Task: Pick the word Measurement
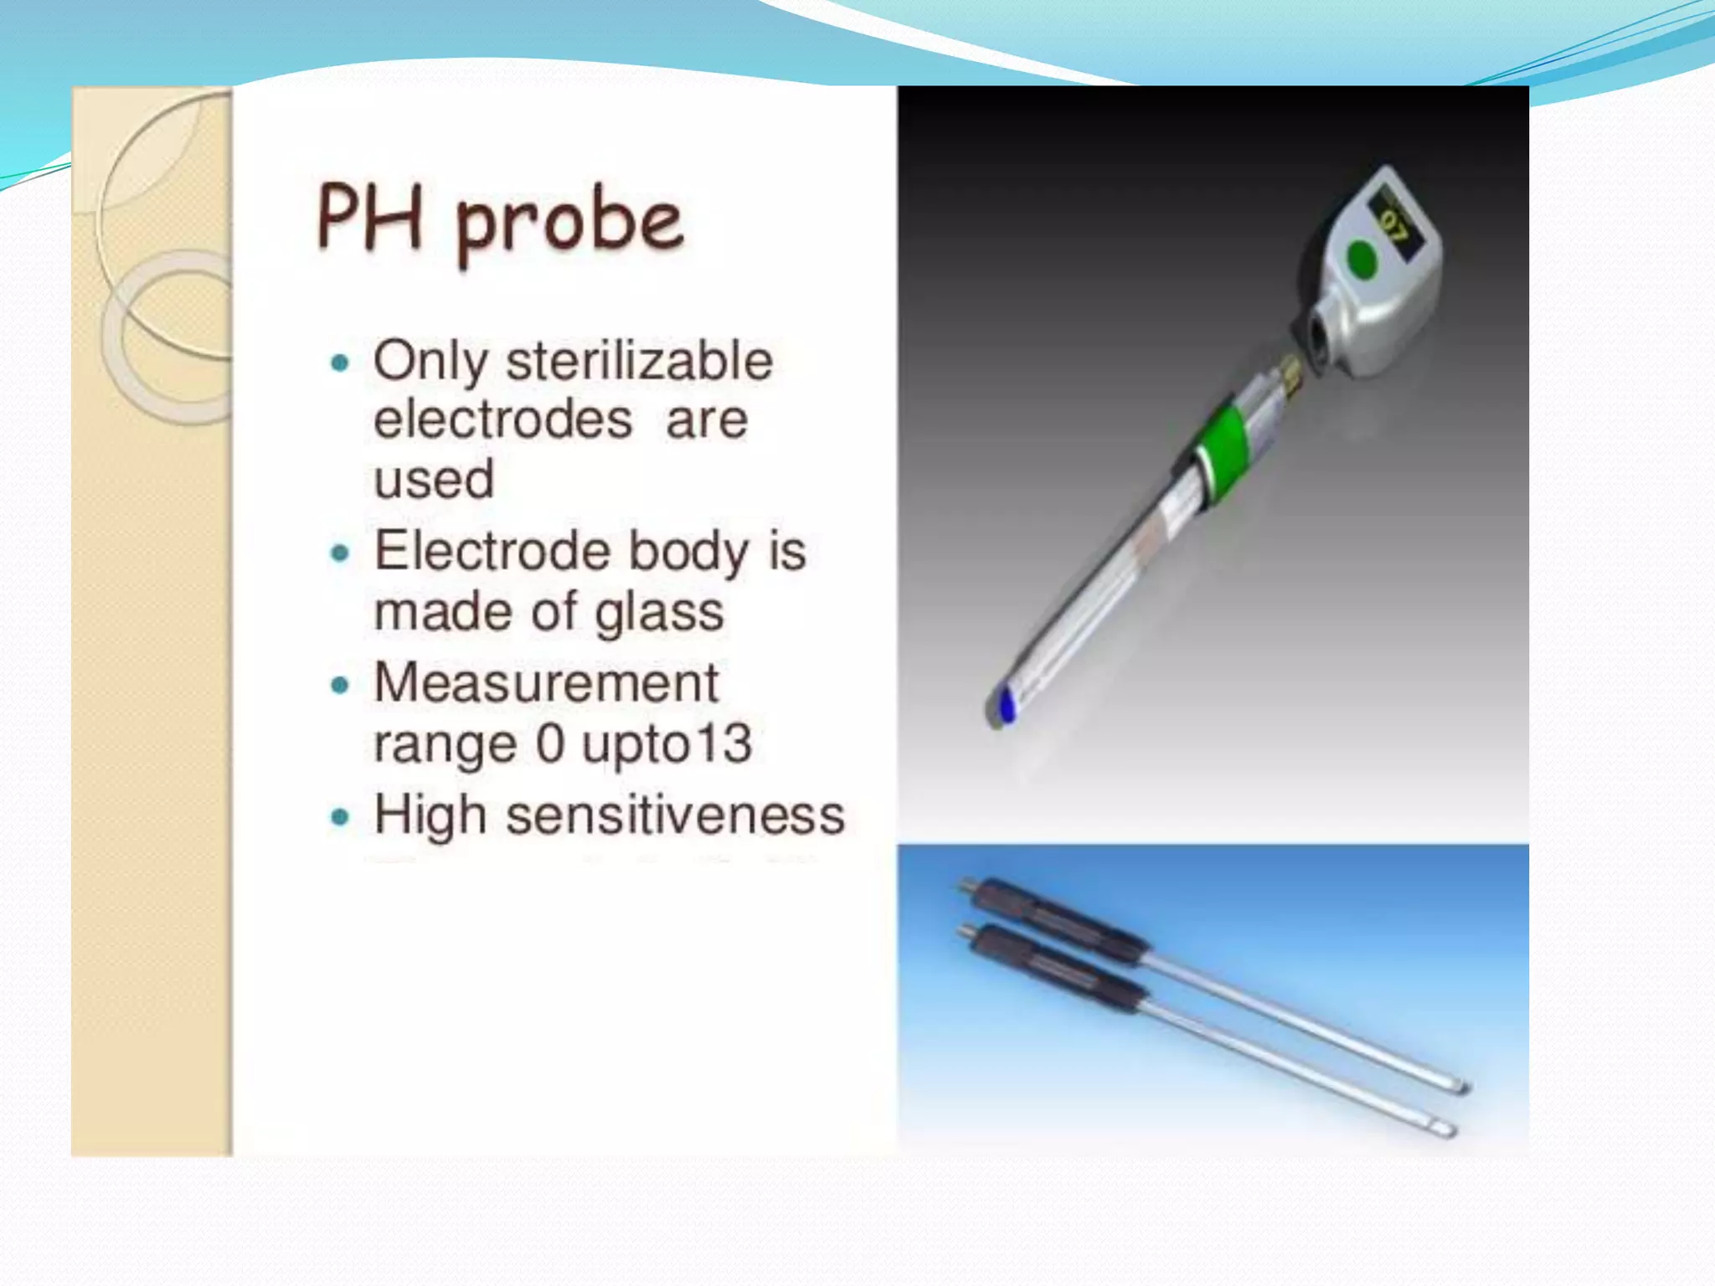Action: point(546,683)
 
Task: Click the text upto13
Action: point(667,743)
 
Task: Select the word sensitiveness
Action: point(675,815)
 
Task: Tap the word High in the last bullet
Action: point(430,815)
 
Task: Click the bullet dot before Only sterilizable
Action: point(339,363)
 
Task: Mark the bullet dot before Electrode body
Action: point(339,553)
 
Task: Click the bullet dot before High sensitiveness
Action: point(339,816)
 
